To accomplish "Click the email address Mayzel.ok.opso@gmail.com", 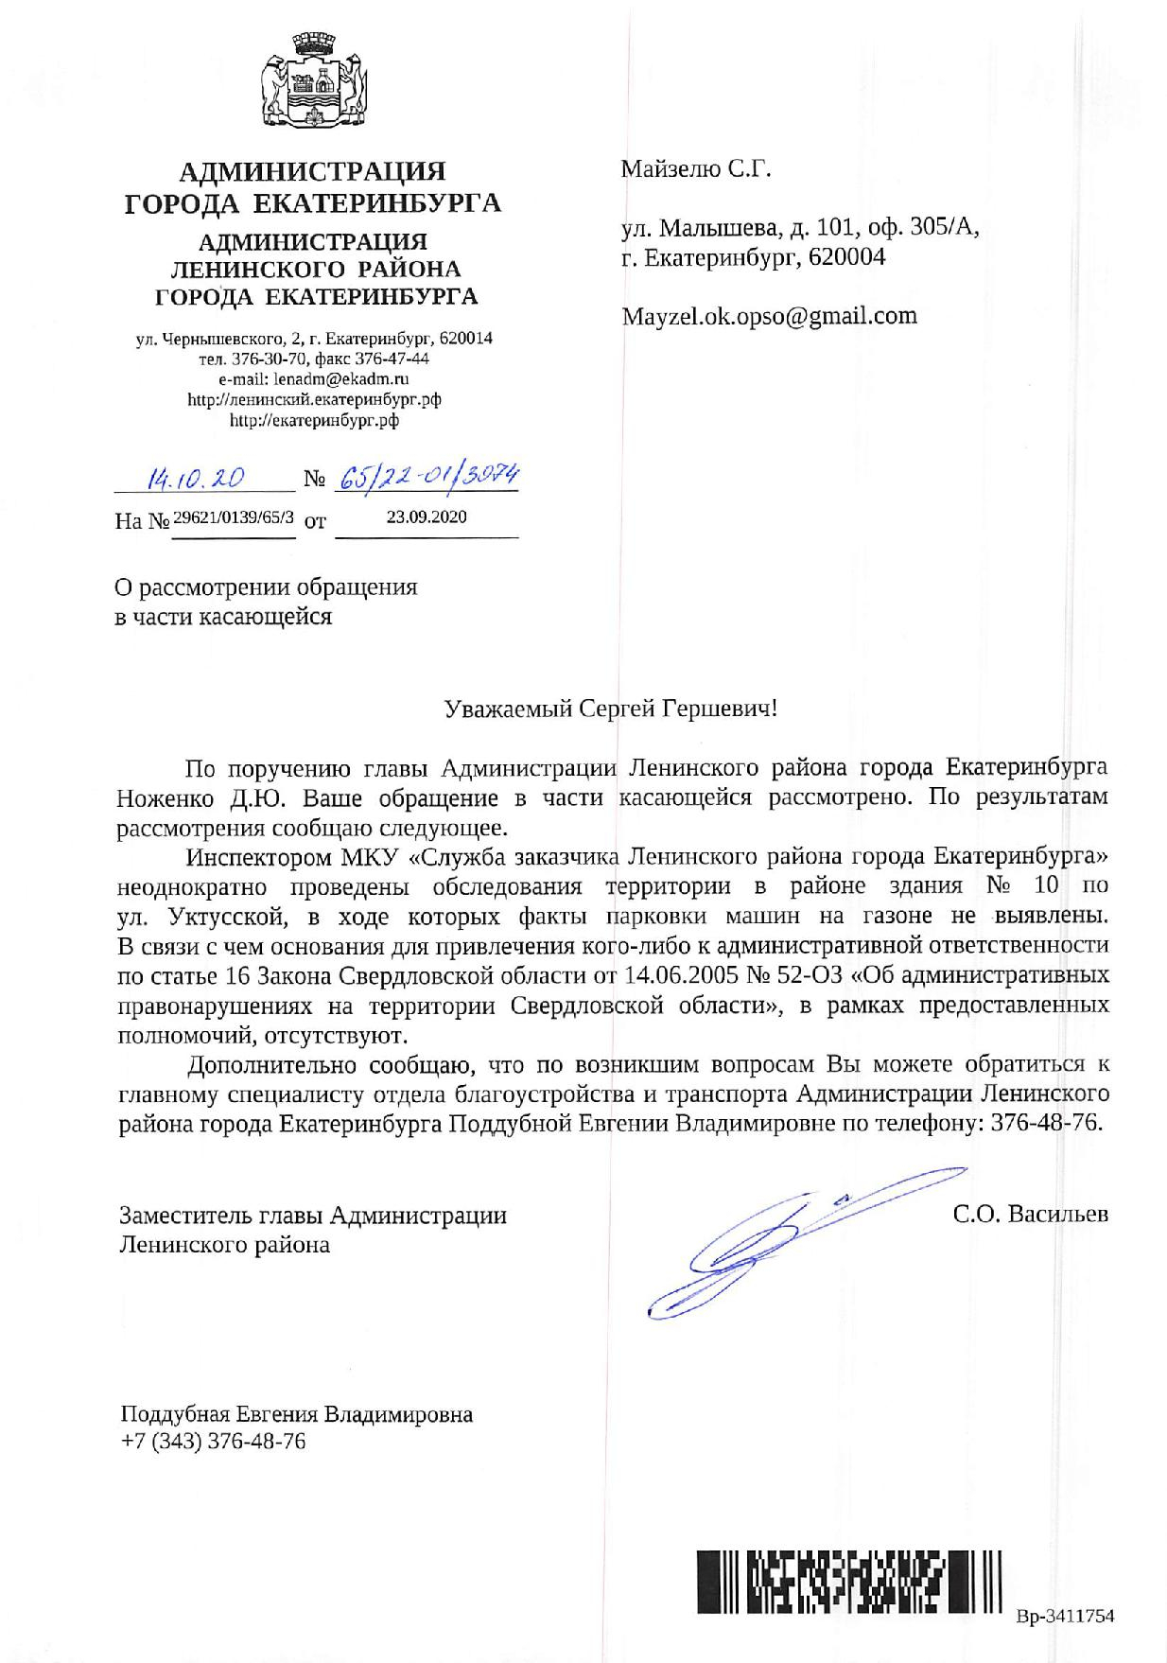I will tap(769, 316).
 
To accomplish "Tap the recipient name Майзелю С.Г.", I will tap(696, 170).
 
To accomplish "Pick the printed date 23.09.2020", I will tap(427, 517).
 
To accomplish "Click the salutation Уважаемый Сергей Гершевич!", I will tap(610, 709).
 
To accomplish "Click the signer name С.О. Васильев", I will tap(1030, 1214).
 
